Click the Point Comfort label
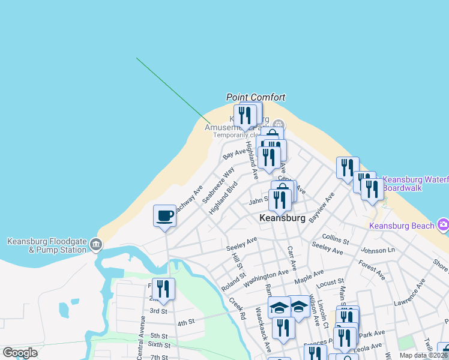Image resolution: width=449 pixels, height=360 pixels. (x=256, y=97)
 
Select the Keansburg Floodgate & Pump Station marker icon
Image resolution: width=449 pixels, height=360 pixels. (x=96, y=244)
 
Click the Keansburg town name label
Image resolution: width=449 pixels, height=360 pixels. (x=282, y=218)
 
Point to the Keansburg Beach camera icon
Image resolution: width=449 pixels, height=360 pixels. (x=444, y=225)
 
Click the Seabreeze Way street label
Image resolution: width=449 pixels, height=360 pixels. (x=218, y=184)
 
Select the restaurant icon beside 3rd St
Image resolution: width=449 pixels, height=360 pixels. (x=163, y=289)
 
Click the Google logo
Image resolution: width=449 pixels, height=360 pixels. (x=20, y=353)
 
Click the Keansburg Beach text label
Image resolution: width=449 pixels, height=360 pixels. (x=402, y=226)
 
